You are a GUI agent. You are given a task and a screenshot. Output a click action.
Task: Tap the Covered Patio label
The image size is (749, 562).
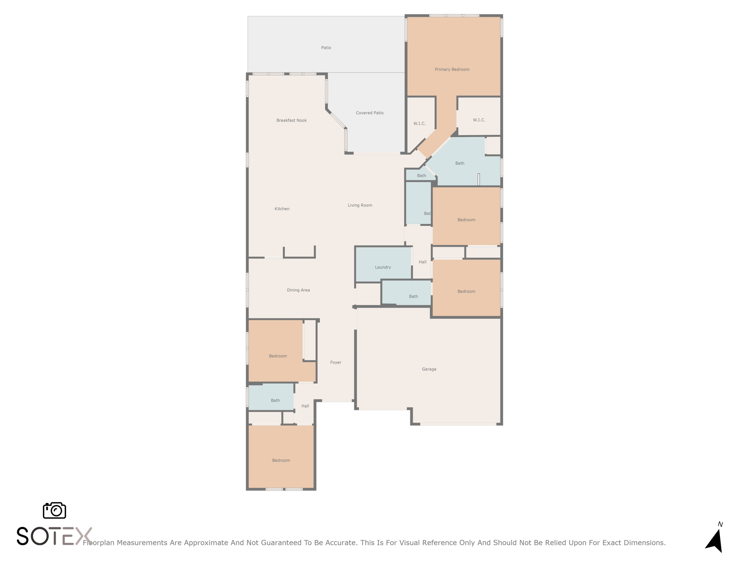(x=370, y=113)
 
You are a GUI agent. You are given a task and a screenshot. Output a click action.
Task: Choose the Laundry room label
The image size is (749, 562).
(x=383, y=267)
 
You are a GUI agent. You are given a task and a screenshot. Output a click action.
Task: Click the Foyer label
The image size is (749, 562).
(x=336, y=362)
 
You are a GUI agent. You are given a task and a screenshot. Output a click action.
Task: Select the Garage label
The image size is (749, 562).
(x=429, y=369)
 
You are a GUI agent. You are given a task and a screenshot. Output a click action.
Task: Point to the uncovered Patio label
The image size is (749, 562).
(x=326, y=48)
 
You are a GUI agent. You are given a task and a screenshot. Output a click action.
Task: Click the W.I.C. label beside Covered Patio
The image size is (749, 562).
(x=419, y=124)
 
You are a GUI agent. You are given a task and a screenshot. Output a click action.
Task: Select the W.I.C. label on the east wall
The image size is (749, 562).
(x=479, y=120)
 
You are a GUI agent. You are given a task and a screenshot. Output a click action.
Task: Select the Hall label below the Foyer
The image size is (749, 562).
(x=305, y=406)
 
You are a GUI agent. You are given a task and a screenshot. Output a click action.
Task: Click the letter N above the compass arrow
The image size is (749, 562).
(x=720, y=524)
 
